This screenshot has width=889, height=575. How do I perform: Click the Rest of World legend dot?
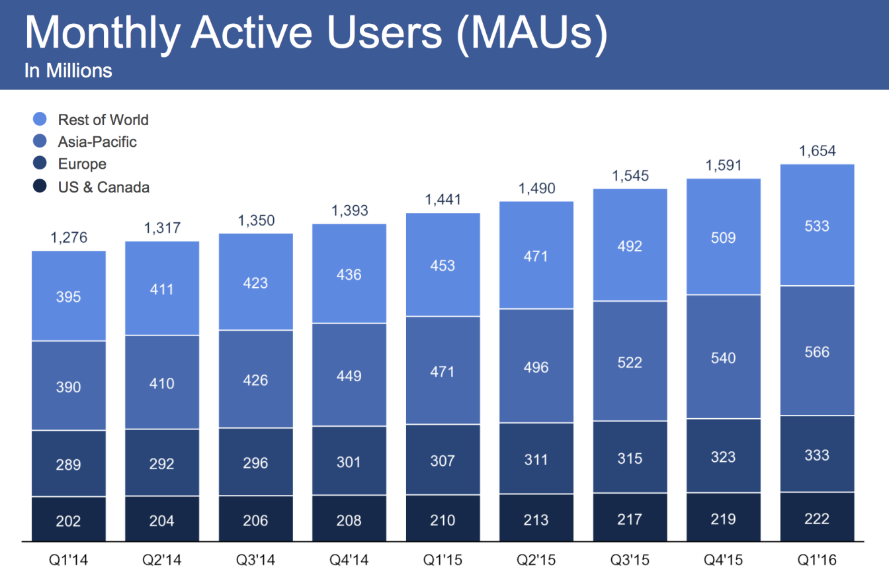[40, 120]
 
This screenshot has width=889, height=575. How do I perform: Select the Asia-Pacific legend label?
[97, 142]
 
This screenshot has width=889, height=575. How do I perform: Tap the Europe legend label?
[82, 164]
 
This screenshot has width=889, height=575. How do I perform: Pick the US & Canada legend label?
[104, 187]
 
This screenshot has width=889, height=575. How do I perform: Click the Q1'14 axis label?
[69, 560]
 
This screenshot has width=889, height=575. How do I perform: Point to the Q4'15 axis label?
[723, 560]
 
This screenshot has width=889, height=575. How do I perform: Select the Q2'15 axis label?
[536, 560]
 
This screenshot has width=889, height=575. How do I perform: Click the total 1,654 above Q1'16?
[817, 152]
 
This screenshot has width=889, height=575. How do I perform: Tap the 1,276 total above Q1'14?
[69, 238]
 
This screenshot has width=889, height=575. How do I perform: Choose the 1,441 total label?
[443, 200]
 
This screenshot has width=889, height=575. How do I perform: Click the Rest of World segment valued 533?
[817, 226]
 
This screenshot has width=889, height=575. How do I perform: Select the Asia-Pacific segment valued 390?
[69, 386]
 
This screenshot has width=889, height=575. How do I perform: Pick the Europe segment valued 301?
[349, 461]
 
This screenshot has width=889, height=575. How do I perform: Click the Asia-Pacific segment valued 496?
[536, 366]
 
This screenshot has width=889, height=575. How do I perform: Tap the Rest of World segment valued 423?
[255, 283]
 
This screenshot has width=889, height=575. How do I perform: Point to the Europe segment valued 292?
[162, 463]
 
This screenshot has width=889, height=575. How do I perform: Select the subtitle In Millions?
[68, 71]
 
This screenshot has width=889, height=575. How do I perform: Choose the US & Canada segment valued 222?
[817, 519]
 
